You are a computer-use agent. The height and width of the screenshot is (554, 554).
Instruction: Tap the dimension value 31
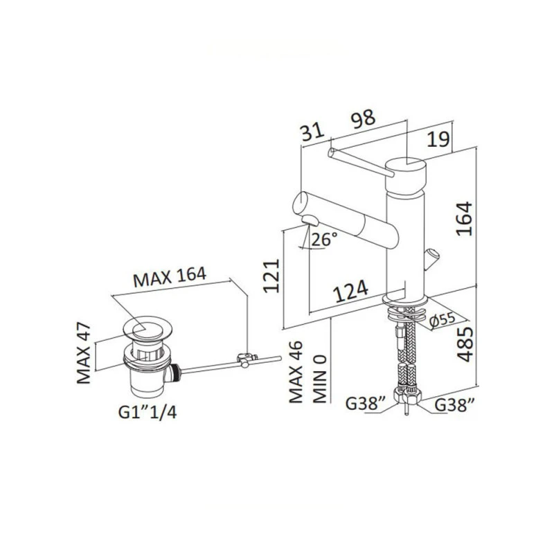(x=312, y=132)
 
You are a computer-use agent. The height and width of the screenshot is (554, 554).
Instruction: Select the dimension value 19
(x=438, y=139)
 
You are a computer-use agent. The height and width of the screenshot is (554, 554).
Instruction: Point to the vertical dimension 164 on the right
(x=464, y=218)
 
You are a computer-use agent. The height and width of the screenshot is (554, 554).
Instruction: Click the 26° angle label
(x=324, y=239)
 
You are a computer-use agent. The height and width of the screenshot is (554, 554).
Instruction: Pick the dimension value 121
(x=271, y=276)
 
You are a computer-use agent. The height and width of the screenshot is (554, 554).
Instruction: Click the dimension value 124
(x=351, y=292)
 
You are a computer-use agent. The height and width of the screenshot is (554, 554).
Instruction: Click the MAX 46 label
(x=296, y=372)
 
